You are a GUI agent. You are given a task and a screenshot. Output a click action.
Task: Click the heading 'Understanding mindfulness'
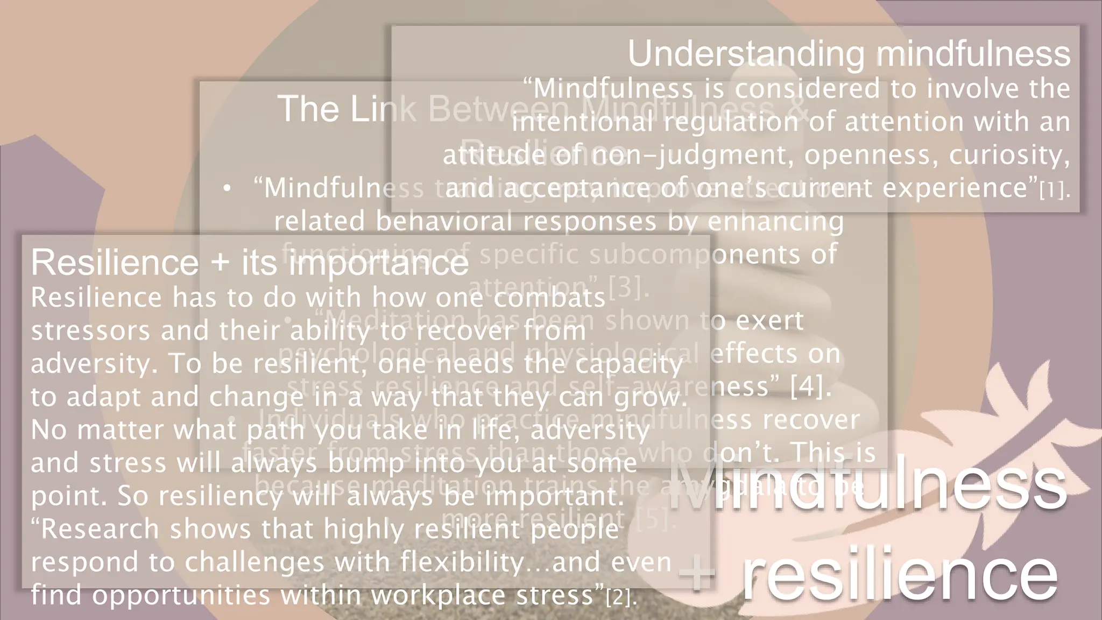click(x=849, y=54)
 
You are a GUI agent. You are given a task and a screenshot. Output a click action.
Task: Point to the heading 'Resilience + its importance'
click(x=250, y=263)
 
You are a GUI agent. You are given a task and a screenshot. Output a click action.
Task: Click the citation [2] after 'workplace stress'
click(x=620, y=597)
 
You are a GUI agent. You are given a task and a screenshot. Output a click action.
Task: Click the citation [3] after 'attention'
click(x=626, y=287)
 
